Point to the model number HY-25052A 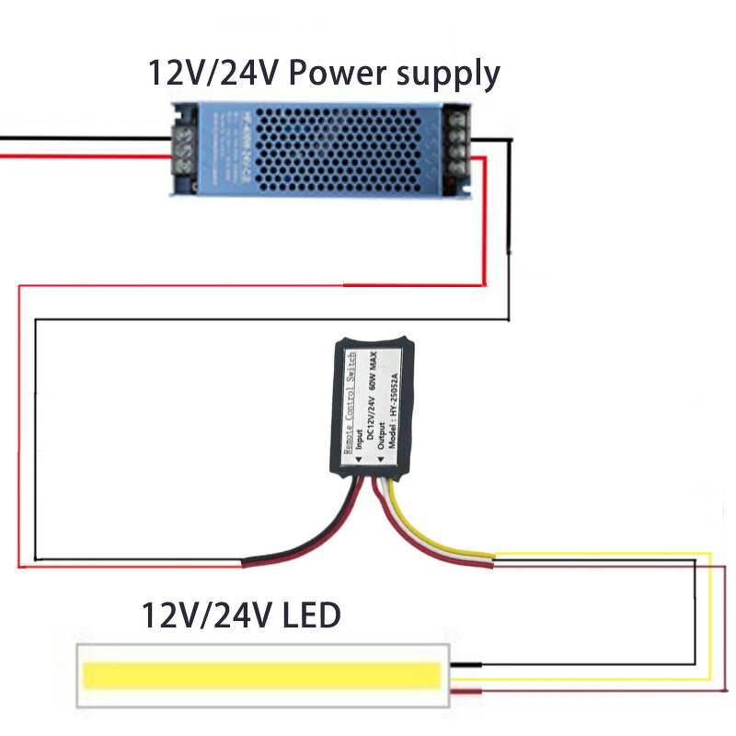tap(395, 409)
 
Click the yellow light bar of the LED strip tap(262, 676)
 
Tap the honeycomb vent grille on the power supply tap(322, 147)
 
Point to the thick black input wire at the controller tap(304, 543)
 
